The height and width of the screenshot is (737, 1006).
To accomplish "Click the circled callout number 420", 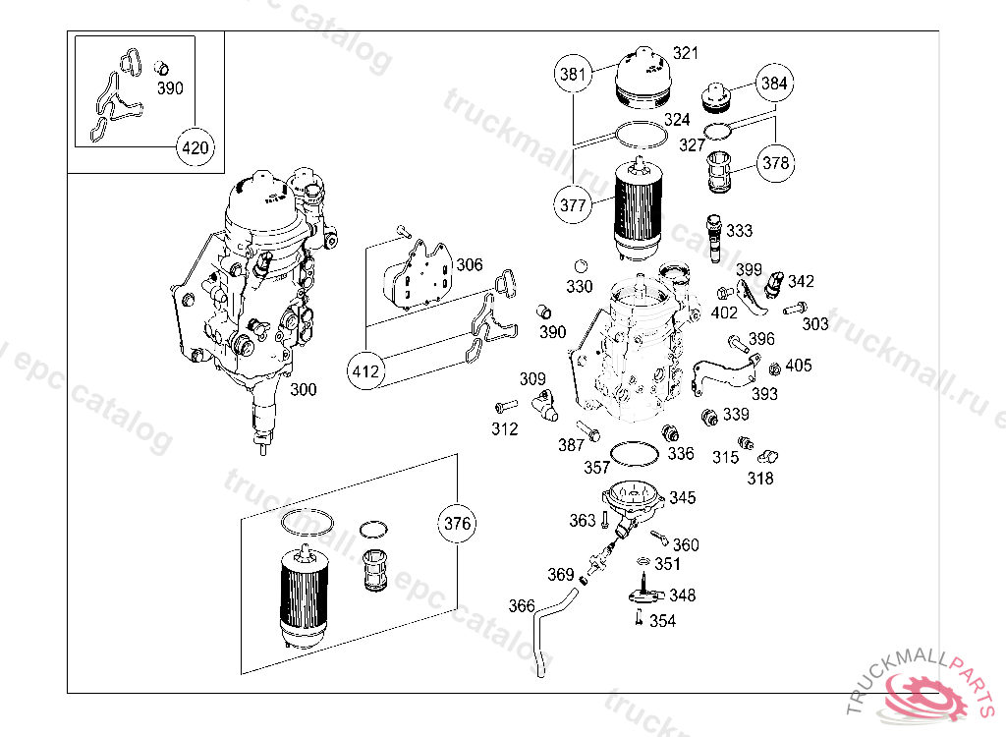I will [196, 148].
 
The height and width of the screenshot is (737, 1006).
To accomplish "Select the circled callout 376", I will [458, 523].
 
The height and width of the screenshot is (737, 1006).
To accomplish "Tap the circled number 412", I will [365, 372].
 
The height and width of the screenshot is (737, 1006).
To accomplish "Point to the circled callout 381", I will [573, 74].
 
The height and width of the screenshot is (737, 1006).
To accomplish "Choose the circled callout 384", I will [774, 84].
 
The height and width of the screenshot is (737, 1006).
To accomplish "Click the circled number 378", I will [776, 163].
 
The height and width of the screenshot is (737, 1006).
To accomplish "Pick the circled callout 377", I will [573, 205].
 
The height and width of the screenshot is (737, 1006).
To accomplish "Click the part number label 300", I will [304, 390].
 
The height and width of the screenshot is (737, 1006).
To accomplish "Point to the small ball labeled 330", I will [581, 265].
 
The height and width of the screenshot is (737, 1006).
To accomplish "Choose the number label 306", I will [470, 264].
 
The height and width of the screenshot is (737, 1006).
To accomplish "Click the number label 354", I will [662, 621].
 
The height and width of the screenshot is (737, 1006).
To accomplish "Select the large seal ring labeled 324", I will [638, 134].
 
